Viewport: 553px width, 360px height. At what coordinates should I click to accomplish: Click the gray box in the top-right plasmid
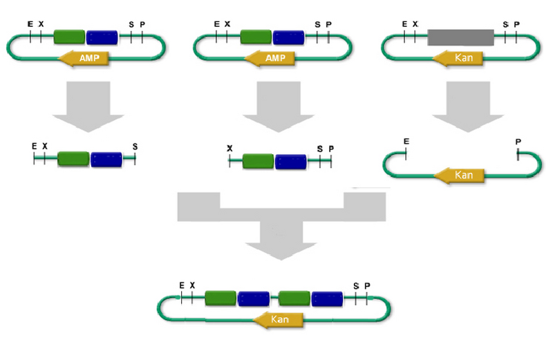460,37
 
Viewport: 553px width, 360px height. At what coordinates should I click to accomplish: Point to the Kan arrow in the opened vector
460,176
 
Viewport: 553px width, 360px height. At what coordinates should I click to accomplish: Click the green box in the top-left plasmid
69,37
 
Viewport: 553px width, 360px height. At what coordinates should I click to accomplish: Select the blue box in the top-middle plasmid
289,37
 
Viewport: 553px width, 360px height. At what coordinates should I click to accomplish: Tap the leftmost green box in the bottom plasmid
221,299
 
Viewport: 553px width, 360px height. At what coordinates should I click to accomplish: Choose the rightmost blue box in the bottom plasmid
327,299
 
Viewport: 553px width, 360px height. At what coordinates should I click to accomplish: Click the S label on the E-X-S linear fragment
135,146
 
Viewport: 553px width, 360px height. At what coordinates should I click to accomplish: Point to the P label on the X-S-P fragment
330,148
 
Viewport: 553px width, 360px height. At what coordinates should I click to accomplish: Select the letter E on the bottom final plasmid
182,285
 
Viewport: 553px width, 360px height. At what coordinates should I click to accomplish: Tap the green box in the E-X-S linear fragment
73,159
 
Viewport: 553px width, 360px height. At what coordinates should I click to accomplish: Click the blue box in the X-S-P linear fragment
290,162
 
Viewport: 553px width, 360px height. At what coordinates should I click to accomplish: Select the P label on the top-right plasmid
516,24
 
